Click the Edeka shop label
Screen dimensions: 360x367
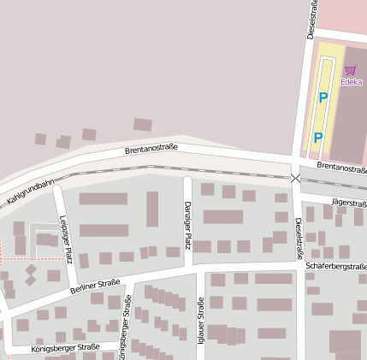click(x=352, y=82)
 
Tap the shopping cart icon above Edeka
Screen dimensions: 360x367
click(x=350, y=72)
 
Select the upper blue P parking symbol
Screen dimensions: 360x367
click(x=323, y=97)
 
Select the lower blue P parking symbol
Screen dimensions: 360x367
click(x=317, y=137)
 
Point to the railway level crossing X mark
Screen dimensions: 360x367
click(x=295, y=178)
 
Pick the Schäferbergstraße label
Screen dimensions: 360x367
click(x=335, y=268)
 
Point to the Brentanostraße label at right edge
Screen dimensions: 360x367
click(x=340, y=168)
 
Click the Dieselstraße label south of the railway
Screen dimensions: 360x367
click(x=299, y=238)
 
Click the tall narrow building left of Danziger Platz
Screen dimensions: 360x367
click(x=152, y=209)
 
